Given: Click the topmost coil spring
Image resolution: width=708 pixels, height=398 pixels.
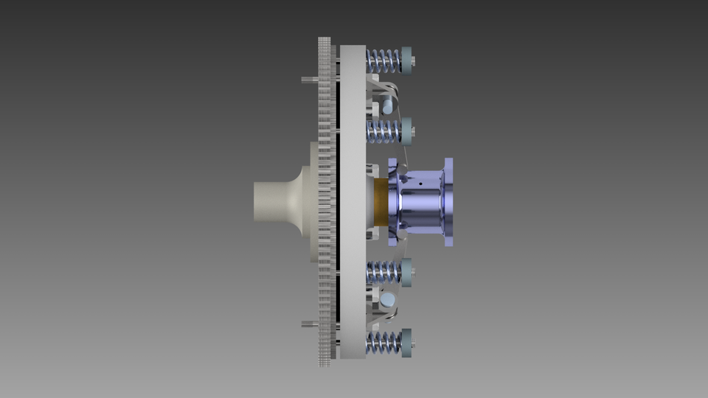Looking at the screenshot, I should coord(383,60).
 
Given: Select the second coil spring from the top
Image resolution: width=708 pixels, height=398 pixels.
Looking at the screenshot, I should coord(383,132).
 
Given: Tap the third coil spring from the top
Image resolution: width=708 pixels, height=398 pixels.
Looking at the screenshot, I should coord(383,272).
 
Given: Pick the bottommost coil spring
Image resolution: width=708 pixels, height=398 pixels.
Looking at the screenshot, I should coord(383,342).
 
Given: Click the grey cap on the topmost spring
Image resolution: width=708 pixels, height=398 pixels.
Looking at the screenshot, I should coord(406,60).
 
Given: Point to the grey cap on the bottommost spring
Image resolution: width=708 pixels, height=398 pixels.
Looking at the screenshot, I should coord(406,342).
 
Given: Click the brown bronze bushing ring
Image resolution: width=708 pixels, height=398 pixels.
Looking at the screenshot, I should coord(381,201).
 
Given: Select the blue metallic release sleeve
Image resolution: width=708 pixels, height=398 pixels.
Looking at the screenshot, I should coord(420,200).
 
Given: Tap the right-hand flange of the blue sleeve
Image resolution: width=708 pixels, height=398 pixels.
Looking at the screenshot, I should coord(448,200).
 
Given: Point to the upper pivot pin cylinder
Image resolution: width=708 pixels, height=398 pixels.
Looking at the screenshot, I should coord(388,105).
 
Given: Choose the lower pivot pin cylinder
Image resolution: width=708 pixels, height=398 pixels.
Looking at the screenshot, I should coord(388,298).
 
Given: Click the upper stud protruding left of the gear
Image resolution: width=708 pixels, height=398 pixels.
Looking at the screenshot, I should coord(309,80).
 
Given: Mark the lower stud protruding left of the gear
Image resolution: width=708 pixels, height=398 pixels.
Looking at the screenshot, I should coord(309,324).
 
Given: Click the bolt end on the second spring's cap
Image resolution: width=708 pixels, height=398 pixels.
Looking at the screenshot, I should coord(412,132).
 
